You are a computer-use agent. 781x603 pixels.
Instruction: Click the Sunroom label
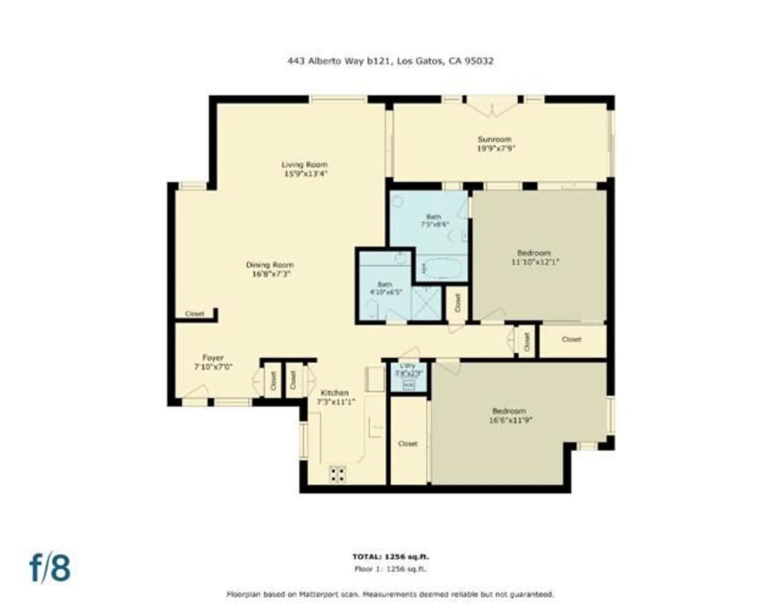pyautogui.click(x=494, y=139)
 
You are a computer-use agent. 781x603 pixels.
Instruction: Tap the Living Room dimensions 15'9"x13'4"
pyautogui.click(x=305, y=174)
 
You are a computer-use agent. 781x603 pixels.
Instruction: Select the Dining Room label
pyautogui.click(x=270, y=265)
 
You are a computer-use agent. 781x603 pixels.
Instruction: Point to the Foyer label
pyautogui.click(x=213, y=357)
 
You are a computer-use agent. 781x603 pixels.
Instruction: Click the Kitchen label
pyautogui.click(x=334, y=392)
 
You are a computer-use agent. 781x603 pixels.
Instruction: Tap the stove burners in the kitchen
pyautogui.click(x=338, y=474)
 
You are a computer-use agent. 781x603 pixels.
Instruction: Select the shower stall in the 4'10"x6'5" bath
pyautogui.click(x=426, y=304)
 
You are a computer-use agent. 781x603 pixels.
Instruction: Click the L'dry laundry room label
pyautogui.click(x=407, y=365)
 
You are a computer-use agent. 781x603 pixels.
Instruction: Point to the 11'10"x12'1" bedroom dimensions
pyautogui.click(x=535, y=262)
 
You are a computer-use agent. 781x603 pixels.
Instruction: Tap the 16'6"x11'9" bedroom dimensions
pyautogui.click(x=510, y=420)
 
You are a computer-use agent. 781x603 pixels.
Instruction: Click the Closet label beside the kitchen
pyautogui.click(x=408, y=443)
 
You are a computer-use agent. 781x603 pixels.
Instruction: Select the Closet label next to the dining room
pyautogui.click(x=195, y=314)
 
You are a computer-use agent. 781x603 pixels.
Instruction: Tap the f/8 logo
pyautogui.click(x=50, y=568)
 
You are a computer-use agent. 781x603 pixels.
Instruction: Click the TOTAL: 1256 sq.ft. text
pyautogui.click(x=390, y=557)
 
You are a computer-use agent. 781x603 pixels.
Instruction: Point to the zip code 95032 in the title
pyautogui.click(x=479, y=61)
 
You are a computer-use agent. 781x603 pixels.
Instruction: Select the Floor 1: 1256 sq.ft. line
pyautogui.click(x=390, y=569)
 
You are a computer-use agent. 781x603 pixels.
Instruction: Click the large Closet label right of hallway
pyautogui.click(x=571, y=339)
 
